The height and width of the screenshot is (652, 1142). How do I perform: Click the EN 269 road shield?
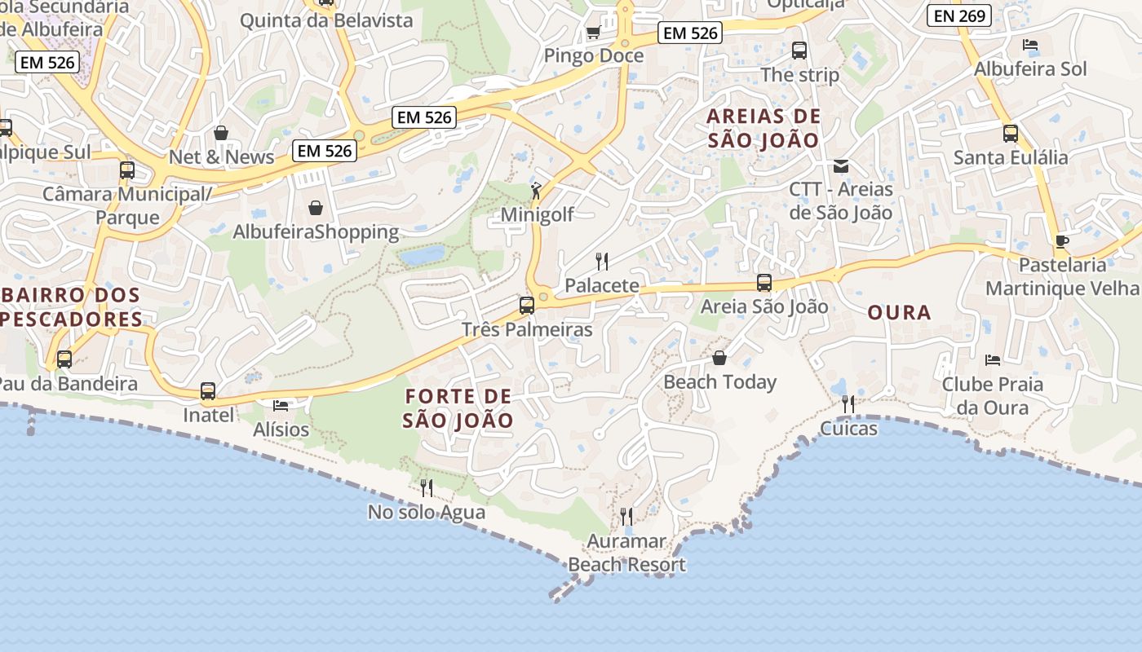click(x=959, y=15)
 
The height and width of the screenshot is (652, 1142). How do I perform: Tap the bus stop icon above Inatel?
click(x=208, y=391)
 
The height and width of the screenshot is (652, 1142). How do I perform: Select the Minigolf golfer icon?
click(x=536, y=191)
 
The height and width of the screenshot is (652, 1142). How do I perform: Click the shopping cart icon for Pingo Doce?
click(x=593, y=33)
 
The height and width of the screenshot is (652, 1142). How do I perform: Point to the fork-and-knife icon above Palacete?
click(x=602, y=262)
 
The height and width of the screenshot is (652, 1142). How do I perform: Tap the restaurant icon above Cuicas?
click(x=848, y=404)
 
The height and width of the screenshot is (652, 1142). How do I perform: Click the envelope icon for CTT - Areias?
click(x=840, y=166)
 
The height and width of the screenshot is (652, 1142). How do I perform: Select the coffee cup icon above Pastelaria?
click(x=1061, y=241)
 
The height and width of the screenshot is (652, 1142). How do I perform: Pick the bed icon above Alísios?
click(x=281, y=406)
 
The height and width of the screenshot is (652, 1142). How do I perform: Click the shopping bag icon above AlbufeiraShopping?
click(x=316, y=208)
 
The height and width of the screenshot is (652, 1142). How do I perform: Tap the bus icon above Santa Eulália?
click(x=1011, y=134)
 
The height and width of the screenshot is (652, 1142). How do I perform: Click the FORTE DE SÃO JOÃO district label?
click(x=458, y=408)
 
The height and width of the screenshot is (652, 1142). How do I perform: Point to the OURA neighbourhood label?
click(x=899, y=312)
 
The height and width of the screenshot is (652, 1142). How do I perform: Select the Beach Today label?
click(x=719, y=381)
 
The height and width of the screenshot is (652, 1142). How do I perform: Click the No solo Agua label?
click(x=427, y=512)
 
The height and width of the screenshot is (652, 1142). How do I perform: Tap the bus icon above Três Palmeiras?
click(x=527, y=306)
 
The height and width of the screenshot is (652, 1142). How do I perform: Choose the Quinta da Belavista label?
click(x=326, y=20)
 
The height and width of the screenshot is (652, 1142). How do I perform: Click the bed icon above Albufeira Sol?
click(x=1030, y=45)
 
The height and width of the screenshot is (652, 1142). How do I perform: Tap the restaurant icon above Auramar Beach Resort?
click(x=626, y=516)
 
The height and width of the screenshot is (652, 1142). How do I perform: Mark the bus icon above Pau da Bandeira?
click(x=64, y=359)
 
